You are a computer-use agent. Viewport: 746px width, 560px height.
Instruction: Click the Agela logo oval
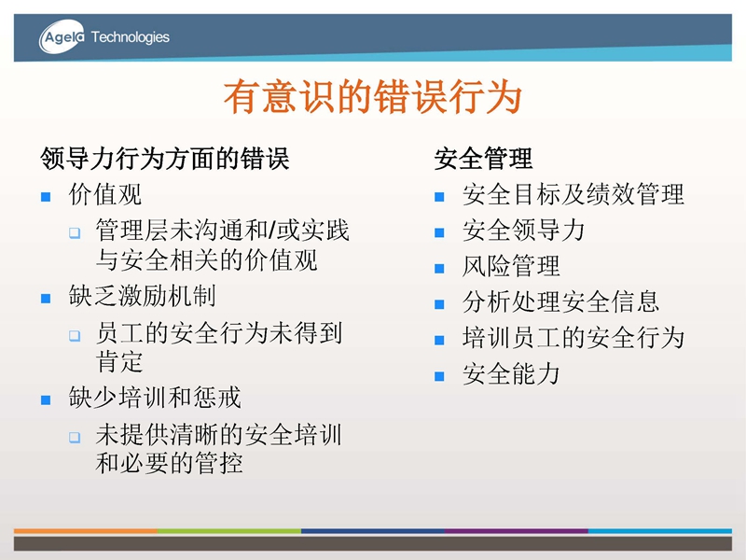62,36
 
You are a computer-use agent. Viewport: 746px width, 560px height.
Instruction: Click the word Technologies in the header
130,37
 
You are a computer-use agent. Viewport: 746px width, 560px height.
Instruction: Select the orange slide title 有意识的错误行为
373,97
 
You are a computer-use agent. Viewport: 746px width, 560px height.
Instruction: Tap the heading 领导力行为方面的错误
165,158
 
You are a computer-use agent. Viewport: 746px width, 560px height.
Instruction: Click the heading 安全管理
483,158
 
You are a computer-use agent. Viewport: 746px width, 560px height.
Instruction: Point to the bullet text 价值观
105,194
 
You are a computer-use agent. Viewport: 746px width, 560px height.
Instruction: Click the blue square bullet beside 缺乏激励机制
46,299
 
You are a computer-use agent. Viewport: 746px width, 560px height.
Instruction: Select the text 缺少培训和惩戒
155,398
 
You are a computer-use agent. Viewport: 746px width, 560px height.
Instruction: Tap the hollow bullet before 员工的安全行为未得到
75,336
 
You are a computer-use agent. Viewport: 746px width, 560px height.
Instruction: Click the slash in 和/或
271,230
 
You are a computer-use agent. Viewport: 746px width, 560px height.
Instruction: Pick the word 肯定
119,361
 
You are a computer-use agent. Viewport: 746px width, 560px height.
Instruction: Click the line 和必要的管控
169,463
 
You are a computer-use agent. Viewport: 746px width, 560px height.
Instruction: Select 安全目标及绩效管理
573,194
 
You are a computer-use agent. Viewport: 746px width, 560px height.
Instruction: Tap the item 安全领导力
523,230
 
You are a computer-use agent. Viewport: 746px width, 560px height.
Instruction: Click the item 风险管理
511,266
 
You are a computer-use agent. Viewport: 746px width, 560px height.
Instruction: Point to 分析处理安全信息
560,301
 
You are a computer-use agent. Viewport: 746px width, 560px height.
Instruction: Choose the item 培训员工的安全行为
573,338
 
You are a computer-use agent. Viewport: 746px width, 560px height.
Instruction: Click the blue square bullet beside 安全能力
439,376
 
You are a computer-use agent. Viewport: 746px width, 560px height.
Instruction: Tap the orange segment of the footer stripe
86,530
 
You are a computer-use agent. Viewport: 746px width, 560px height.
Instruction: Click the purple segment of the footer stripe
517,530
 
